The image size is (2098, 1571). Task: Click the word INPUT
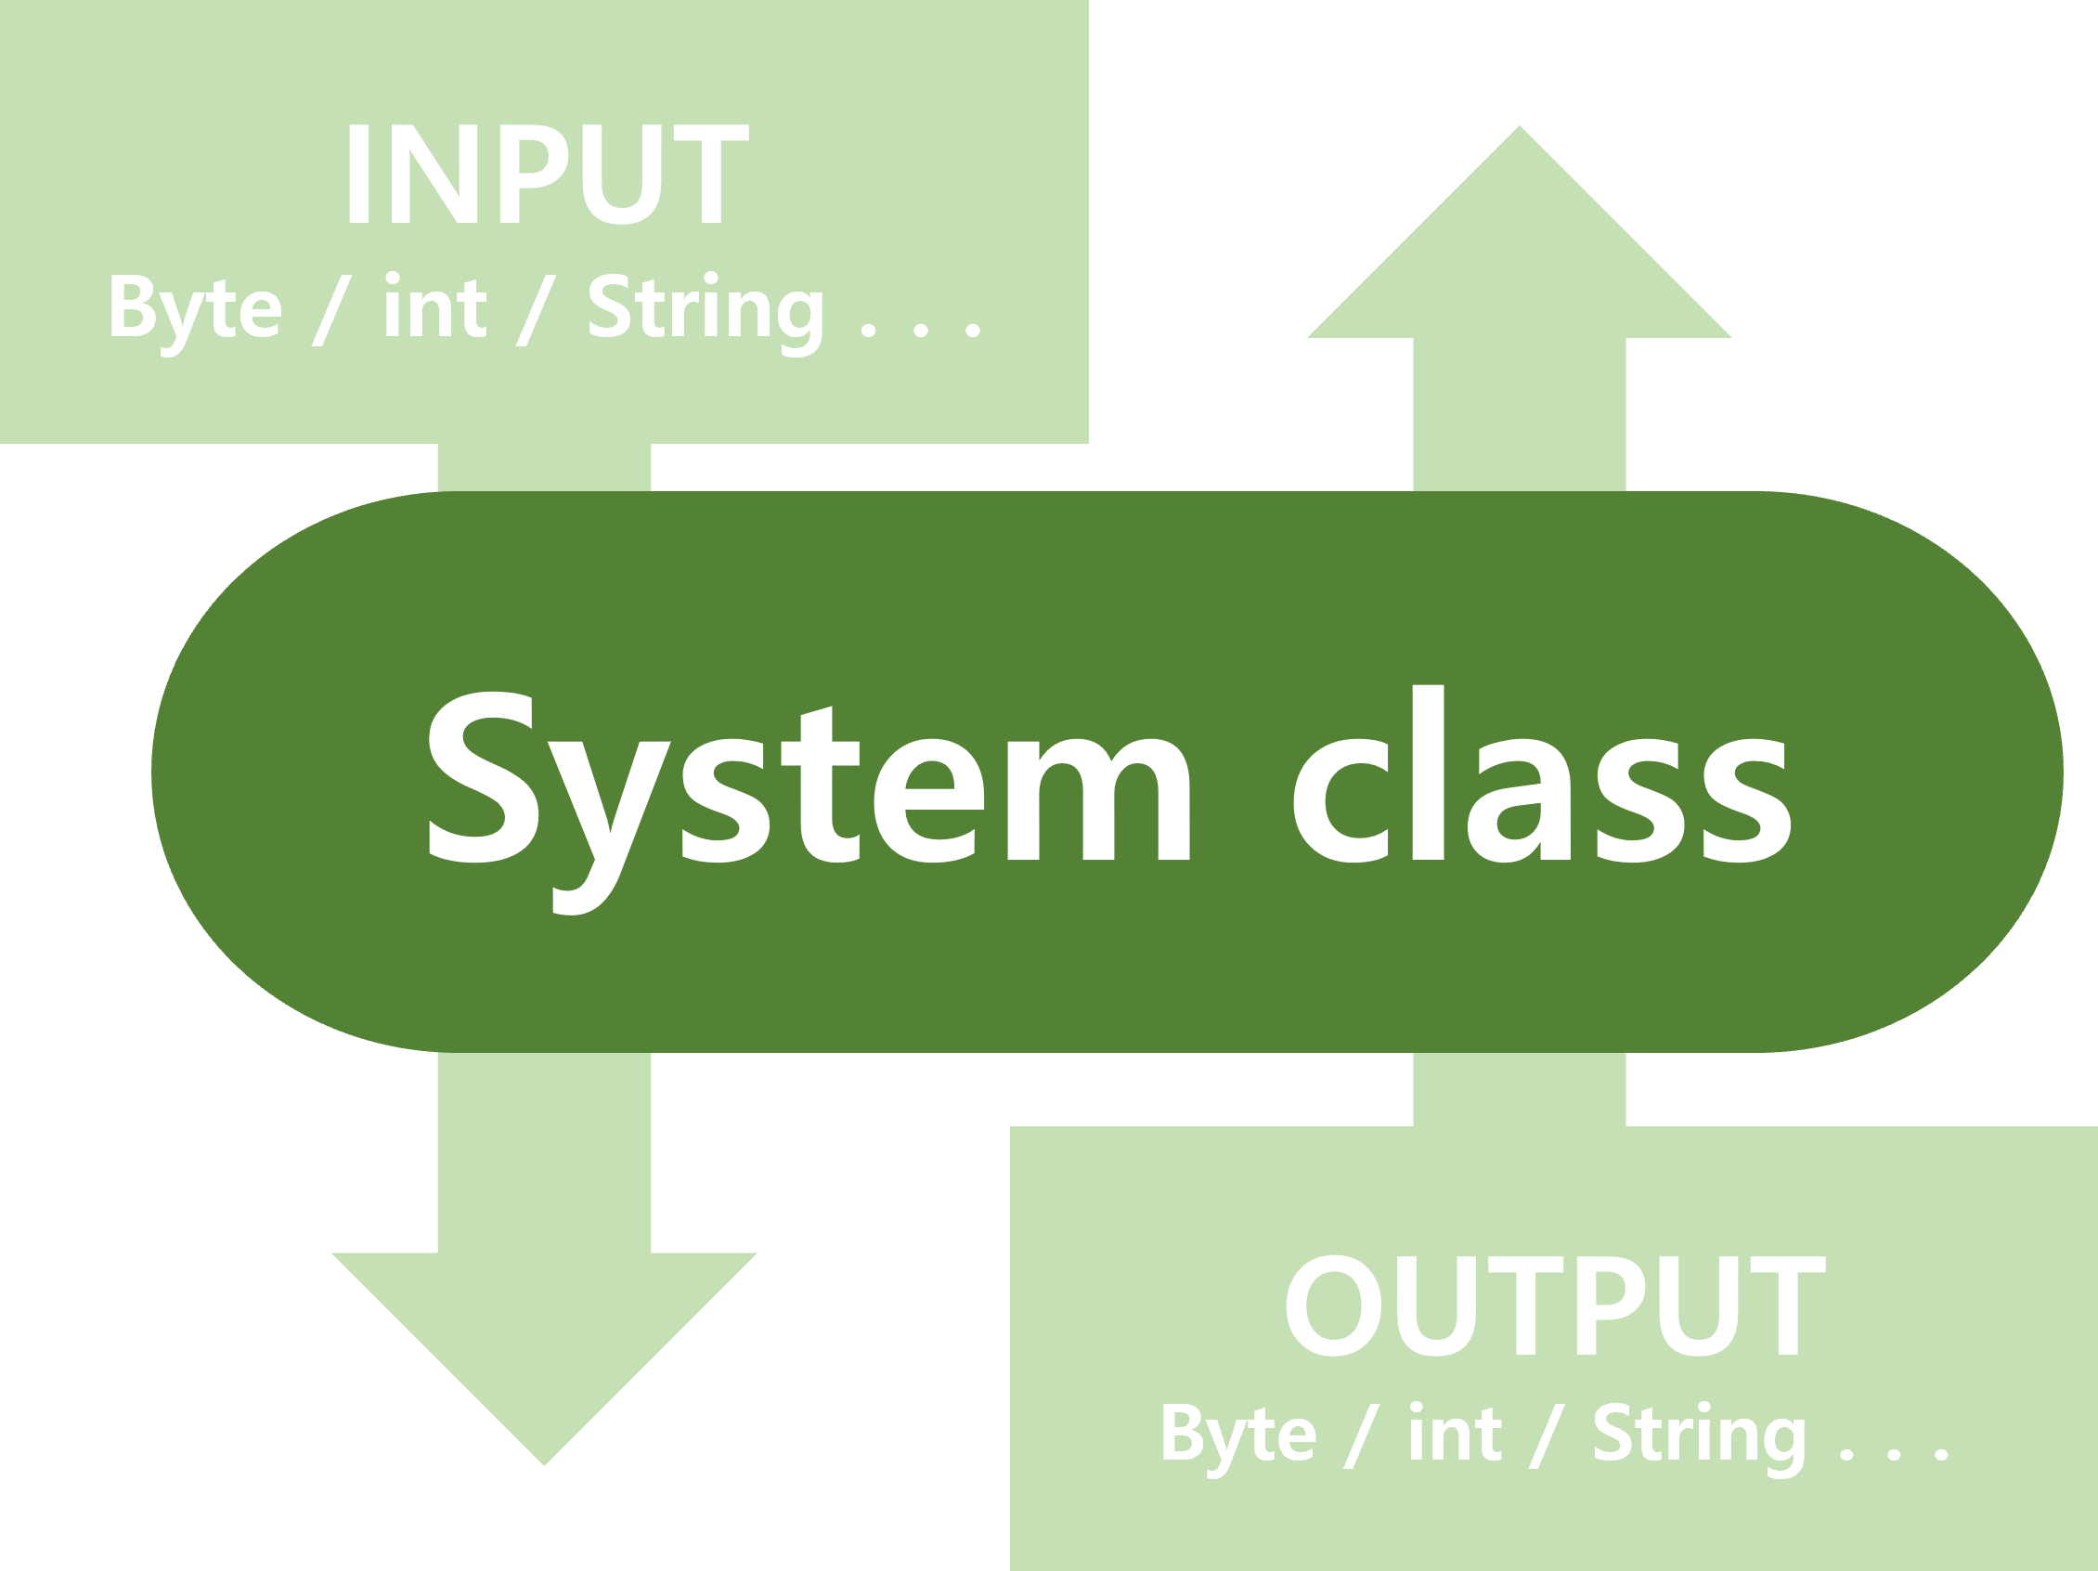[545, 175]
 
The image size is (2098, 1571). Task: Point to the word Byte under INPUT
[194, 309]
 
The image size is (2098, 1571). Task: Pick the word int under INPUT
[434, 307]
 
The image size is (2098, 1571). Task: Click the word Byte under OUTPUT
[1237, 1435]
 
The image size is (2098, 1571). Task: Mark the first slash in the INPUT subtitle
[332, 311]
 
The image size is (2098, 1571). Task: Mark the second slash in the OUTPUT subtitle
[1546, 1435]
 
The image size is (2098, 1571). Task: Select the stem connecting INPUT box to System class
[543, 467]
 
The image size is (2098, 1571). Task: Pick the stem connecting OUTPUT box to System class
[1520, 1090]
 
